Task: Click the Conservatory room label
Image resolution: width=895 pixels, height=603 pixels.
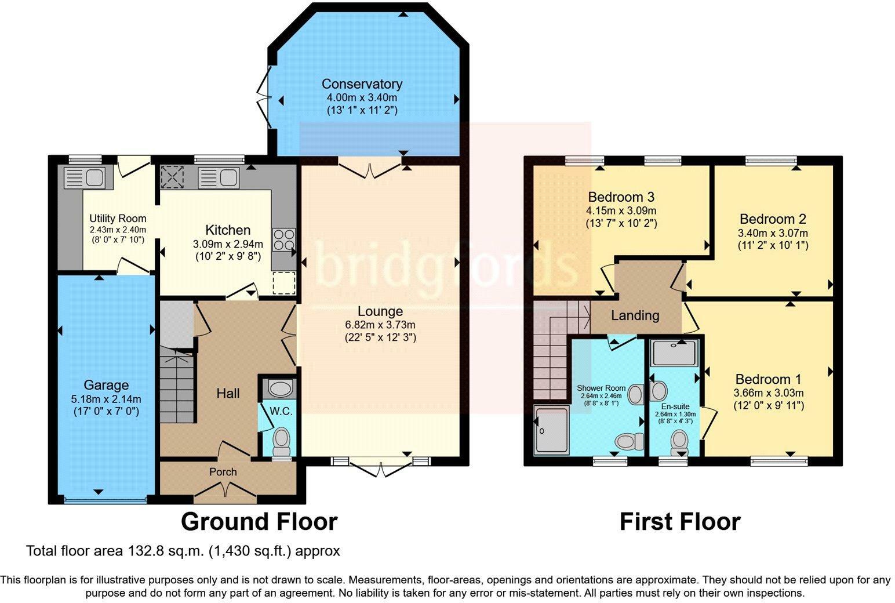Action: (362, 84)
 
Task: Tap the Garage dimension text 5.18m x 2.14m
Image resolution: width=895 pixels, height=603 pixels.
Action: (106, 399)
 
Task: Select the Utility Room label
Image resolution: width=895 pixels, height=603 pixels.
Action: (118, 219)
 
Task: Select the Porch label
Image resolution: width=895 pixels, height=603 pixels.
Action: (223, 472)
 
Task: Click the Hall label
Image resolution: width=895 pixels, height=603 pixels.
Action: (228, 394)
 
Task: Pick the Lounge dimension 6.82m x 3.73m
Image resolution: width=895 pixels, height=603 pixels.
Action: (380, 325)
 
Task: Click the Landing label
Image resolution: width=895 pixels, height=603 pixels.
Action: (635, 315)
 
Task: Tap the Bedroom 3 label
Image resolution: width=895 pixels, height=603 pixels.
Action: (621, 197)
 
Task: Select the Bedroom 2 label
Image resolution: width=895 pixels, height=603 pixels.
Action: (773, 219)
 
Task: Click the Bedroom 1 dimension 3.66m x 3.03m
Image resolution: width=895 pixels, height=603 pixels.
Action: (768, 393)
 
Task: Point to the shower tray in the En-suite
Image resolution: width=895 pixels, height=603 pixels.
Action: (675, 352)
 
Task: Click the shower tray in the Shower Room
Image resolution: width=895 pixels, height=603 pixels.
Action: (552, 430)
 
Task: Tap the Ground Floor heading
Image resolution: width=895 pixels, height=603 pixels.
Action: (259, 522)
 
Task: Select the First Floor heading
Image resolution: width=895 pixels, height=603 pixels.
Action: (680, 522)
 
